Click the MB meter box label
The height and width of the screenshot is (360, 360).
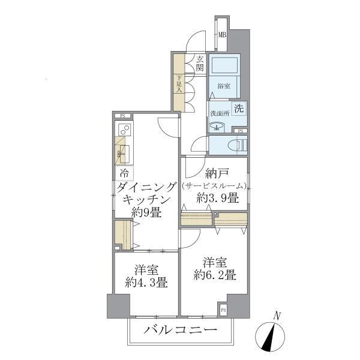tap(221, 35)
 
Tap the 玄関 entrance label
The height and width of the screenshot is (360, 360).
tap(200, 64)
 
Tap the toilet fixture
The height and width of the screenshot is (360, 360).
tap(236, 145)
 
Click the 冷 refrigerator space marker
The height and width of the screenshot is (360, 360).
tap(124, 173)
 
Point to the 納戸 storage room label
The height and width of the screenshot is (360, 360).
tap(215, 175)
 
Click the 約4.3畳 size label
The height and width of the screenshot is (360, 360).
tap(146, 283)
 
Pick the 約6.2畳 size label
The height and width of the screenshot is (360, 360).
tap(215, 276)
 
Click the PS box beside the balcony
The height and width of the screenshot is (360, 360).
tap(223, 310)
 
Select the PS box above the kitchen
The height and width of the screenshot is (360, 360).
tap(122, 115)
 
